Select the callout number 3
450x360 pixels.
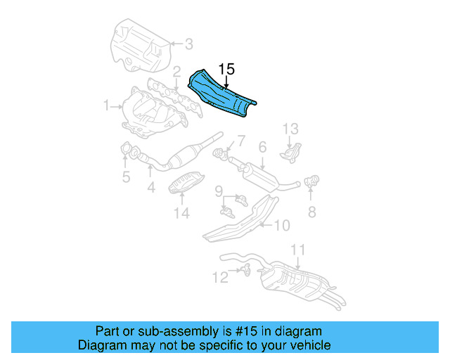tap(188, 44)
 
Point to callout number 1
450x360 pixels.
tap(107, 106)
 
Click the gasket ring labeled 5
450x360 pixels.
tap(129, 149)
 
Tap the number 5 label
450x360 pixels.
tap(126, 177)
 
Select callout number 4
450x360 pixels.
tap(150, 188)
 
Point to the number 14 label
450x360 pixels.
tap(182, 213)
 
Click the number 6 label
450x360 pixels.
tap(262, 147)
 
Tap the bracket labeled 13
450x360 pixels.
tap(291, 150)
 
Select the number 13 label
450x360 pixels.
tap(291, 129)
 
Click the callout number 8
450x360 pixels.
tap(311, 211)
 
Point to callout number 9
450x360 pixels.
tap(219, 191)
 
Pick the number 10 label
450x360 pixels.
tap(281, 226)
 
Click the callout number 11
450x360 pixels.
tap(297, 250)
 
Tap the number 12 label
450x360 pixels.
tap(221, 278)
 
